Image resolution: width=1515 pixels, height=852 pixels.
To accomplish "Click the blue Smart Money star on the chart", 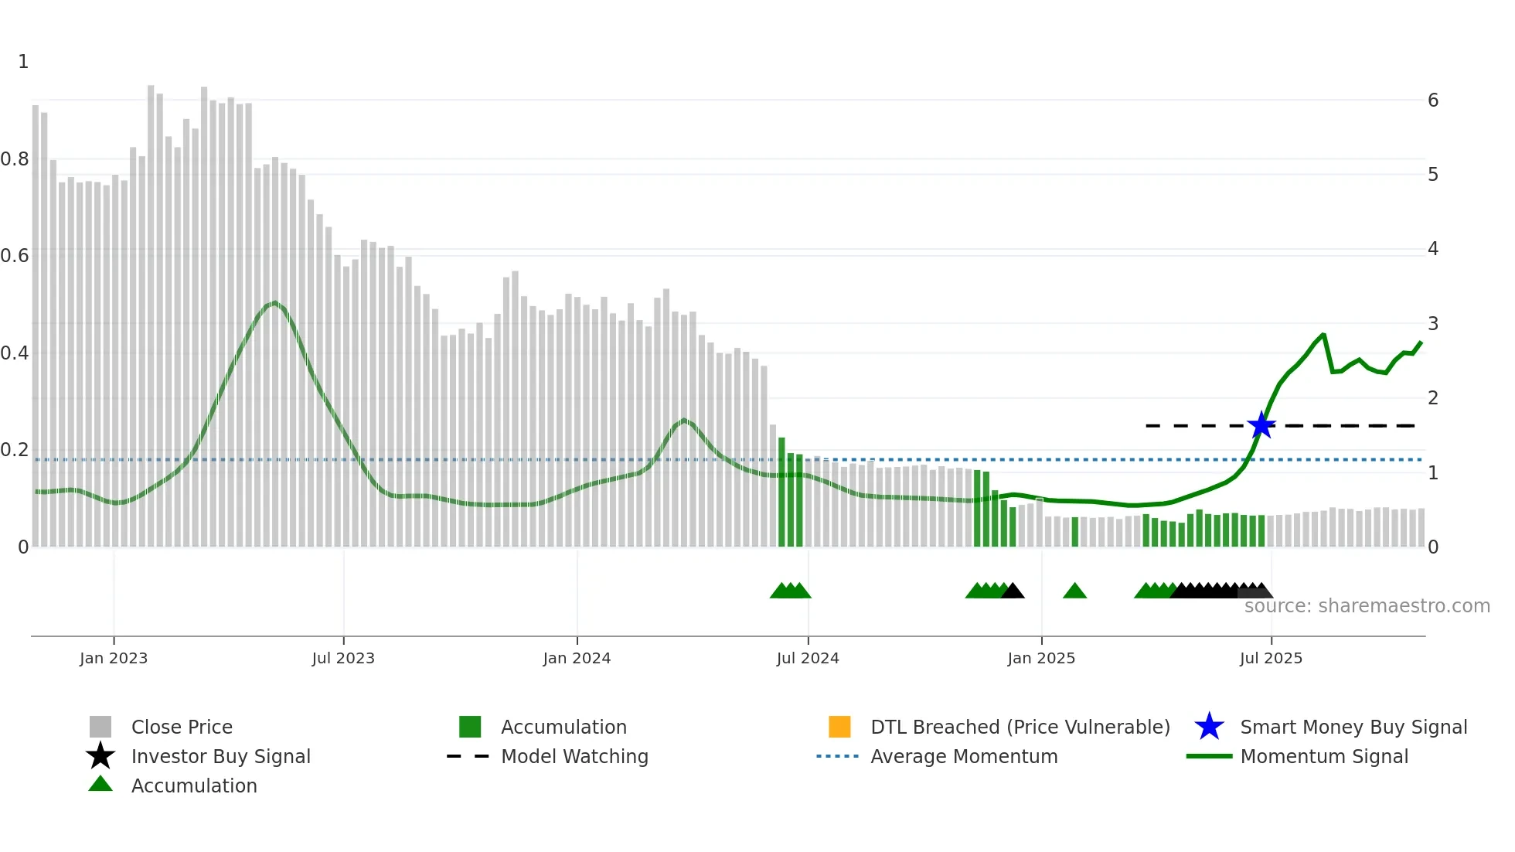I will point(1261,425).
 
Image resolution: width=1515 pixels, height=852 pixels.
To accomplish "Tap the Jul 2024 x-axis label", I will point(808,658).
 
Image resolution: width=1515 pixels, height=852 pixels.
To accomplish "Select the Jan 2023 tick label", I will point(114,658).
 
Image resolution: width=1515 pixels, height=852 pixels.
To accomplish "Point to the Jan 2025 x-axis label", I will point(1041,658).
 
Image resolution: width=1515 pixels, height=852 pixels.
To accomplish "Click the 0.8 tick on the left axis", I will point(15,159).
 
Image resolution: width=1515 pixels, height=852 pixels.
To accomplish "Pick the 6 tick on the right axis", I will point(1433,101).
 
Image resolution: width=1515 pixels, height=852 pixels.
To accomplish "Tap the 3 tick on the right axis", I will point(1433,324).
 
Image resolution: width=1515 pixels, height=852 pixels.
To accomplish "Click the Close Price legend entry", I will point(182,727).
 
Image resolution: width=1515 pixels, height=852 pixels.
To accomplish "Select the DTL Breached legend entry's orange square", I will point(839,727).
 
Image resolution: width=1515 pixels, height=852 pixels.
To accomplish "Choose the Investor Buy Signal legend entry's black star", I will point(100,756).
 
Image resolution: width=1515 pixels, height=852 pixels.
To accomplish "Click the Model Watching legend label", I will point(574,756).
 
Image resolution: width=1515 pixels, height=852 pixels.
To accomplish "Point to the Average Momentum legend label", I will point(964,756).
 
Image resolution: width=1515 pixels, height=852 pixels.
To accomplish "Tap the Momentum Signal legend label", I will point(1324,756).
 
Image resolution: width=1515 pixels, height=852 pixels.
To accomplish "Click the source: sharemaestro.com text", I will point(1367,606).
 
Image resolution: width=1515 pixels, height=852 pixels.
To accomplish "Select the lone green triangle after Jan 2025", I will point(1074,591).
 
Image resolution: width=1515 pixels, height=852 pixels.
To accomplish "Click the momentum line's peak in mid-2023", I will point(274,303).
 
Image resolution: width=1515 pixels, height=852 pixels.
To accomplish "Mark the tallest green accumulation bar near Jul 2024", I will point(781,492).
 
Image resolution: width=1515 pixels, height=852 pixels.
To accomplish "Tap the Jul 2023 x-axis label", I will point(343,658).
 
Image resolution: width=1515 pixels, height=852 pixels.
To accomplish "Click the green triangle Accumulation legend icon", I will point(100,785).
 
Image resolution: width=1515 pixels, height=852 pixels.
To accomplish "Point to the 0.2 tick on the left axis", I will point(15,450).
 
